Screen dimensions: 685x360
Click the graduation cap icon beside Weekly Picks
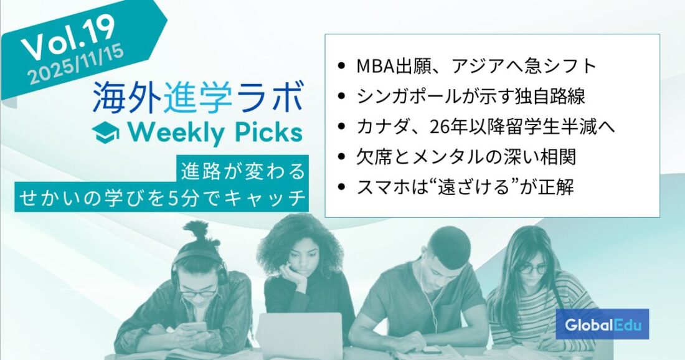106,133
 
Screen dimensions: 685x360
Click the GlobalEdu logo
602,324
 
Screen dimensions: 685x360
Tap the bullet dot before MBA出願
341,67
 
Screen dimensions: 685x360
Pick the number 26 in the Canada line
439,127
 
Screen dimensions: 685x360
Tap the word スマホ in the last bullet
384,187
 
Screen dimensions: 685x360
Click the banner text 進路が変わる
243,171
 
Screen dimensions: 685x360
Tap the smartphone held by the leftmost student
194,327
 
